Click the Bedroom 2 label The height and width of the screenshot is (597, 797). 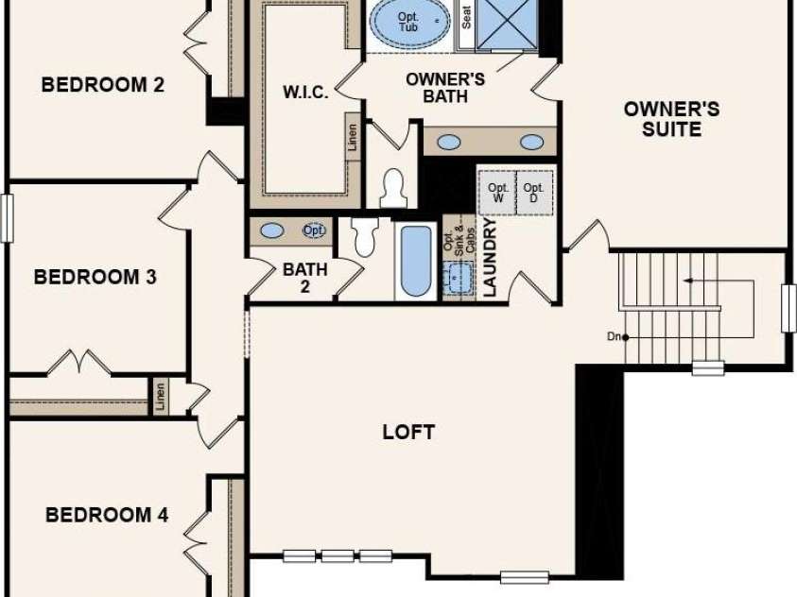pyautogui.click(x=103, y=85)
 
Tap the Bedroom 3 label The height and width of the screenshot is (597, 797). pyautogui.click(x=95, y=277)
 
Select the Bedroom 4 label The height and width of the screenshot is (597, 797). pyautogui.click(x=107, y=515)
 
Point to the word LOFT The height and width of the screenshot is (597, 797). pyautogui.click(x=408, y=432)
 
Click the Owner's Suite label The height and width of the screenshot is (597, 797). pyautogui.click(x=671, y=119)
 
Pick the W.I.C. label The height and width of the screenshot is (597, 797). pyautogui.click(x=305, y=93)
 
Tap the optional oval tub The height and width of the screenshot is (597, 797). pyautogui.click(x=409, y=22)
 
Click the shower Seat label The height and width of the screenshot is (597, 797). pyautogui.click(x=466, y=17)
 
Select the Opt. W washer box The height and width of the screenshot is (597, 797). pyautogui.click(x=496, y=193)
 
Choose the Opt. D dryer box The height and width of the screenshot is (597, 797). pyautogui.click(x=534, y=193)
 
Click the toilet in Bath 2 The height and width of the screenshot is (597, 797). pyautogui.click(x=366, y=236)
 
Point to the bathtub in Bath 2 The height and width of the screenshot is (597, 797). pyautogui.click(x=416, y=261)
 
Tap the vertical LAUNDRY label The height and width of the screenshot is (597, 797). pyautogui.click(x=490, y=257)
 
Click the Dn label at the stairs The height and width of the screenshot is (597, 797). pyautogui.click(x=614, y=336)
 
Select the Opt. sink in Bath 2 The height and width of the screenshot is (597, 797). pyautogui.click(x=314, y=230)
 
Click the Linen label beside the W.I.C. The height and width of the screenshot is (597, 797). pyautogui.click(x=353, y=137)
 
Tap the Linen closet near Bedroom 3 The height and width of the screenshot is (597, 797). pyautogui.click(x=161, y=397)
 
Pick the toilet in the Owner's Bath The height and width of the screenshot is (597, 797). pyautogui.click(x=393, y=188)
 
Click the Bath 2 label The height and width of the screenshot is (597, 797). pyautogui.click(x=305, y=278)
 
